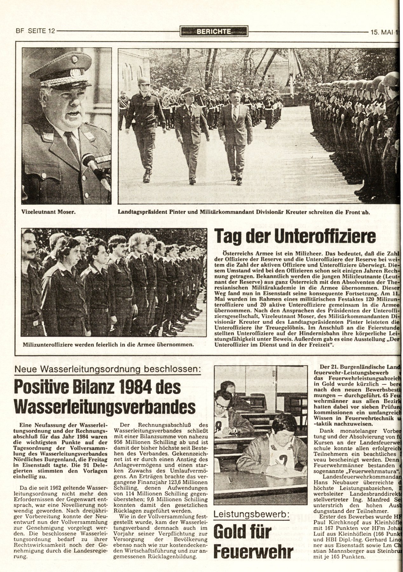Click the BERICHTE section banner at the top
213,31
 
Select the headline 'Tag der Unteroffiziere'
295,237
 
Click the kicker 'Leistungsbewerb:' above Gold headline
251,514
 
